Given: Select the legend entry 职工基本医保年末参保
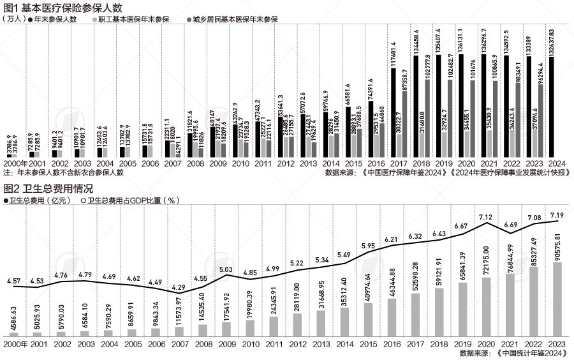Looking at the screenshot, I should pos(133,19).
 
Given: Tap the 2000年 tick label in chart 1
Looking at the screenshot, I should pos(17,163).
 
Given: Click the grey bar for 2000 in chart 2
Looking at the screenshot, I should pos(15,334).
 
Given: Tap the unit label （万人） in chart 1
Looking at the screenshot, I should pos(14,19).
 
